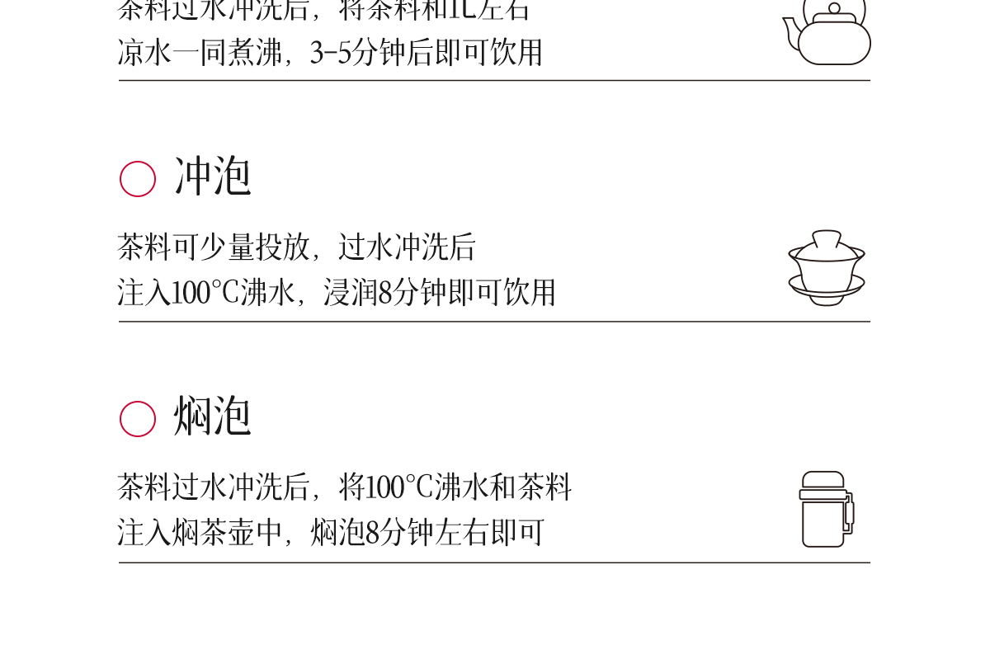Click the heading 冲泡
[212, 177]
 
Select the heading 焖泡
[212, 417]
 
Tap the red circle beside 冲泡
[138, 179]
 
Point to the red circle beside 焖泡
[138, 419]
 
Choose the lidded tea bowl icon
[827, 268]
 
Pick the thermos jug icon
[826, 509]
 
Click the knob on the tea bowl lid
[827, 235]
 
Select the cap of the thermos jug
[823, 480]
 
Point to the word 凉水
[145, 53]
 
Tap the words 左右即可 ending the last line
[490, 533]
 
